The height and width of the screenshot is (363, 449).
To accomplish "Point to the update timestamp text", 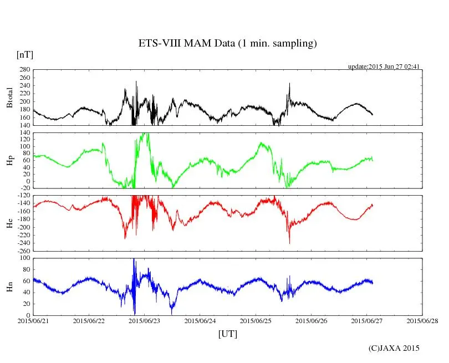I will (x=384, y=67).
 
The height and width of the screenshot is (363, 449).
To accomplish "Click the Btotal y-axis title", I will (x=9, y=98).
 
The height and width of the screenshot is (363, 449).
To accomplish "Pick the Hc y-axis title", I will (x=9, y=223).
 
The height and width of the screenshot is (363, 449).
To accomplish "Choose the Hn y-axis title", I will (x=9, y=287).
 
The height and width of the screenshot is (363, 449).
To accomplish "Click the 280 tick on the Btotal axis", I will (x=24, y=70).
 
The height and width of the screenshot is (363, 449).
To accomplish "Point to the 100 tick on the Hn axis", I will (x=24, y=258).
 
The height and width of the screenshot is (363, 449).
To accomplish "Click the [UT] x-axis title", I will (x=228, y=334).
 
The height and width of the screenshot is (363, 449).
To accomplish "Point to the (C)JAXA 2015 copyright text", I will (x=394, y=348).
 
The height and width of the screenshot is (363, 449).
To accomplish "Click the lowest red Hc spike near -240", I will (x=289, y=243).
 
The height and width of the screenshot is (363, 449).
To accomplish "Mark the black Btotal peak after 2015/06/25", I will (x=289, y=84).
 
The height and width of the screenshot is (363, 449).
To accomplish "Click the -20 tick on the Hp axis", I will (x=24, y=188).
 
